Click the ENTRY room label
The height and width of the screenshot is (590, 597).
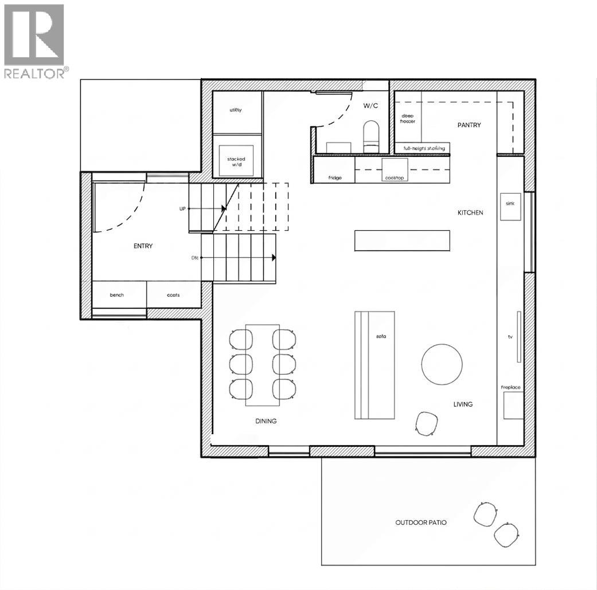point(143,246)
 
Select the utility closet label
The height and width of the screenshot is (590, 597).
point(236,110)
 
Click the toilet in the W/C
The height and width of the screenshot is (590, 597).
point(372,133)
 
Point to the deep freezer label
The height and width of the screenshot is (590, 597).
point(408,118)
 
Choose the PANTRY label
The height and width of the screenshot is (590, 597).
point(469,125)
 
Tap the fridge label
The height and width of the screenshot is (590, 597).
point(335,178)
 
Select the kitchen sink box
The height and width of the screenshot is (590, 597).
point(511,207)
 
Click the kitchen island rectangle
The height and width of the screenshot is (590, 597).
point(402,240)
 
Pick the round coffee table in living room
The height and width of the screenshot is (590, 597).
point(442,364)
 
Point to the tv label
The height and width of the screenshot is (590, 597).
point(509,337)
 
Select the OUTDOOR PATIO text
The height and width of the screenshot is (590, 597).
point(420,522)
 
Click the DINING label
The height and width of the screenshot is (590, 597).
point(266,421)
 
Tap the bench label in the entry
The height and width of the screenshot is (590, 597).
point(116,295)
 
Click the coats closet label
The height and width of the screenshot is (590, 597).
point(173,295)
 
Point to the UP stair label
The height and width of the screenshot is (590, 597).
point(182,209)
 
